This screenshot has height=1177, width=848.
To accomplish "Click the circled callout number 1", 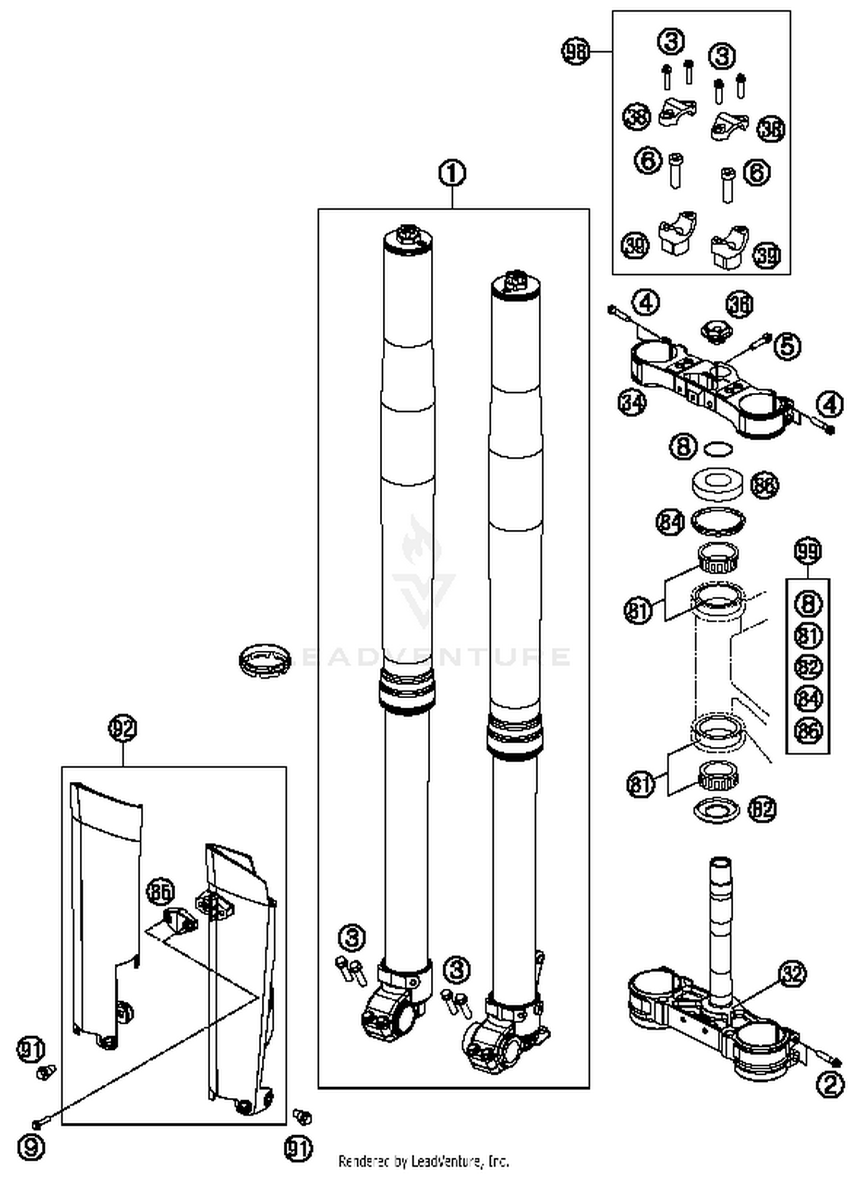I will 452,174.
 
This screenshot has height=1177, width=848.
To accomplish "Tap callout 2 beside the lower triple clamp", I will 830,1084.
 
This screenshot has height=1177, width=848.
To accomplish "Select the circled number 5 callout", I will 787,345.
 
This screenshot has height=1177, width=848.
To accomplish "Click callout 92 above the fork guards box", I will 123,728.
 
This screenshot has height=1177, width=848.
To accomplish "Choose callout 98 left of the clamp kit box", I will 575,52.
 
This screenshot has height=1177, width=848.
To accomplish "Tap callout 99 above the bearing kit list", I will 807,551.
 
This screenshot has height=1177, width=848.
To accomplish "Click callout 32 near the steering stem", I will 793,973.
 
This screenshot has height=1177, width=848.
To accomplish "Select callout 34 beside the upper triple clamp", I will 631,403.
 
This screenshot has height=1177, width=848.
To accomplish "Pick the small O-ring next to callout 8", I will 719,449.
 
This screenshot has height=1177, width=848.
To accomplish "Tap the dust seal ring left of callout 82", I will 716,810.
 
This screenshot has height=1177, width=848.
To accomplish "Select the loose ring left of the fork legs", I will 265,659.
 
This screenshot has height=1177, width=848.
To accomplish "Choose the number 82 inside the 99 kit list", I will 808,667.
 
